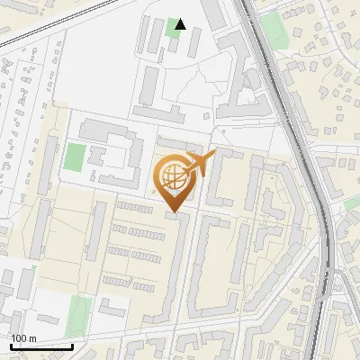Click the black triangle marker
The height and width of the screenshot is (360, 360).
181,24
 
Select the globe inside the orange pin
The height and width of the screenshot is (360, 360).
174,179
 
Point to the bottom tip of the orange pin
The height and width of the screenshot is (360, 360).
174,213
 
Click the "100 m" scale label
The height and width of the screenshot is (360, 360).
23,338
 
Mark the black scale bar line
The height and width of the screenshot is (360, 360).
41,346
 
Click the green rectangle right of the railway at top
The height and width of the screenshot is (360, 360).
276,31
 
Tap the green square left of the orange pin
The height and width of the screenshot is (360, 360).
75,157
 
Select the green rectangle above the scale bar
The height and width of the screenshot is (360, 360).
79,316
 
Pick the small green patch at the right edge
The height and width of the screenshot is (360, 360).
352,203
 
